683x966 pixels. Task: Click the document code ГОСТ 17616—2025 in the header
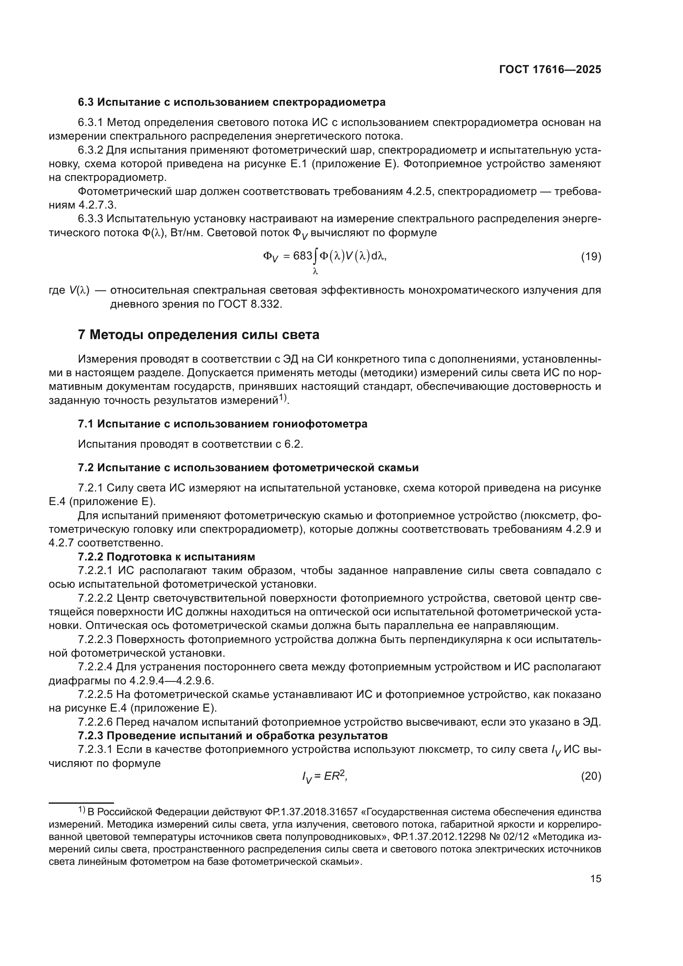pyautogui.click(x=550, y=70)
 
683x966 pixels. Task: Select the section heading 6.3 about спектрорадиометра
pyautogui.click(x=232, y=102)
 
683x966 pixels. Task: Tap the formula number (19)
pyautogui.click(x=591, y=256)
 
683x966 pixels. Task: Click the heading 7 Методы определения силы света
pyautogui.click(x=199, y=335)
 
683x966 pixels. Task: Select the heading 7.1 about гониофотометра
pyautogui.click(x=223, y=424)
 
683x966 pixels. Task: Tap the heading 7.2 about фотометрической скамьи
pyautogui.click(x=248, y=468)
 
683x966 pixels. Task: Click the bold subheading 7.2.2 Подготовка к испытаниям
pyautogui.click(x=166, y=557)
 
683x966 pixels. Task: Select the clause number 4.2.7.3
pyautogui.click(x=97, y=205)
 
